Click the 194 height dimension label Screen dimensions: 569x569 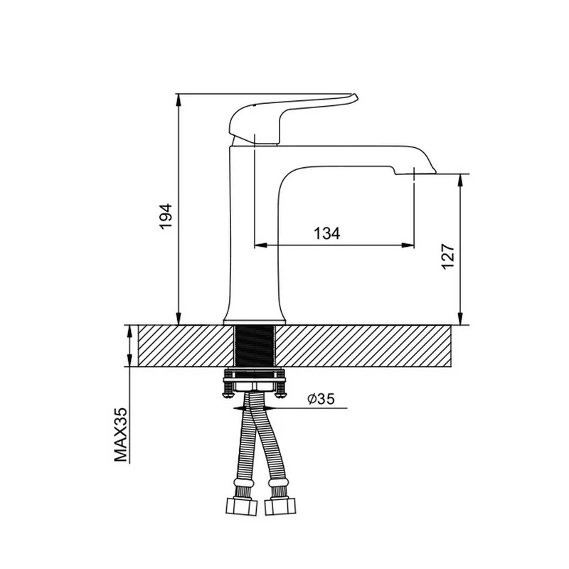[166, 217]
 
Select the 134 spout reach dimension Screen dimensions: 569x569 [326, 233]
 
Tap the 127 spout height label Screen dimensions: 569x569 [448, 257]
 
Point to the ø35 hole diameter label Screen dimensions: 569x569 [321, 399]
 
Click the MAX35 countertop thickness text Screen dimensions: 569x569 [121, 435]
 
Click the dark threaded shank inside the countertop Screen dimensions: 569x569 [254, 346]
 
